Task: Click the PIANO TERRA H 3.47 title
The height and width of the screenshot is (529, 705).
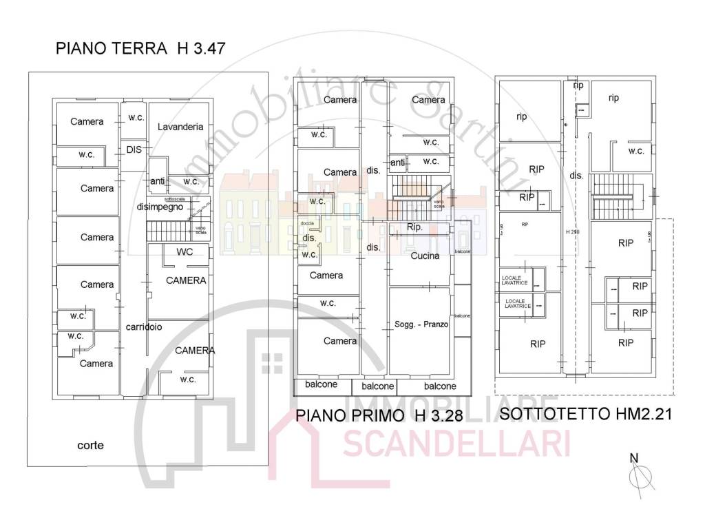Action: point(141,49)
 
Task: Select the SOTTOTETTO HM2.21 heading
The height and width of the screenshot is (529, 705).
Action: point(585,414)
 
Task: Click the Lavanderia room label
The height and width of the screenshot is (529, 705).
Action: point(180,127)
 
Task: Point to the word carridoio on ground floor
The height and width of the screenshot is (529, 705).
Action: point(144,327)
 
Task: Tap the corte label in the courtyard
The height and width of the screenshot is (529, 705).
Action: point(90,445)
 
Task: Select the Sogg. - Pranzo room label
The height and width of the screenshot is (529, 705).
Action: point(421,324)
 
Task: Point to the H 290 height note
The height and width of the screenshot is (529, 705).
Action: point(573,231)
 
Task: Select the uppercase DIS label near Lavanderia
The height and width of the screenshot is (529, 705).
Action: point(134,149)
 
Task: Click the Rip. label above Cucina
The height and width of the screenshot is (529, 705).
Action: point(415,227)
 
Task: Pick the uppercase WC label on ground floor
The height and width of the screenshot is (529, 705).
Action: point(185,251)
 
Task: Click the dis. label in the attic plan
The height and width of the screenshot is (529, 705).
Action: point(577,176)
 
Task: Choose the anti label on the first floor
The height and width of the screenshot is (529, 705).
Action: point(397,163)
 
